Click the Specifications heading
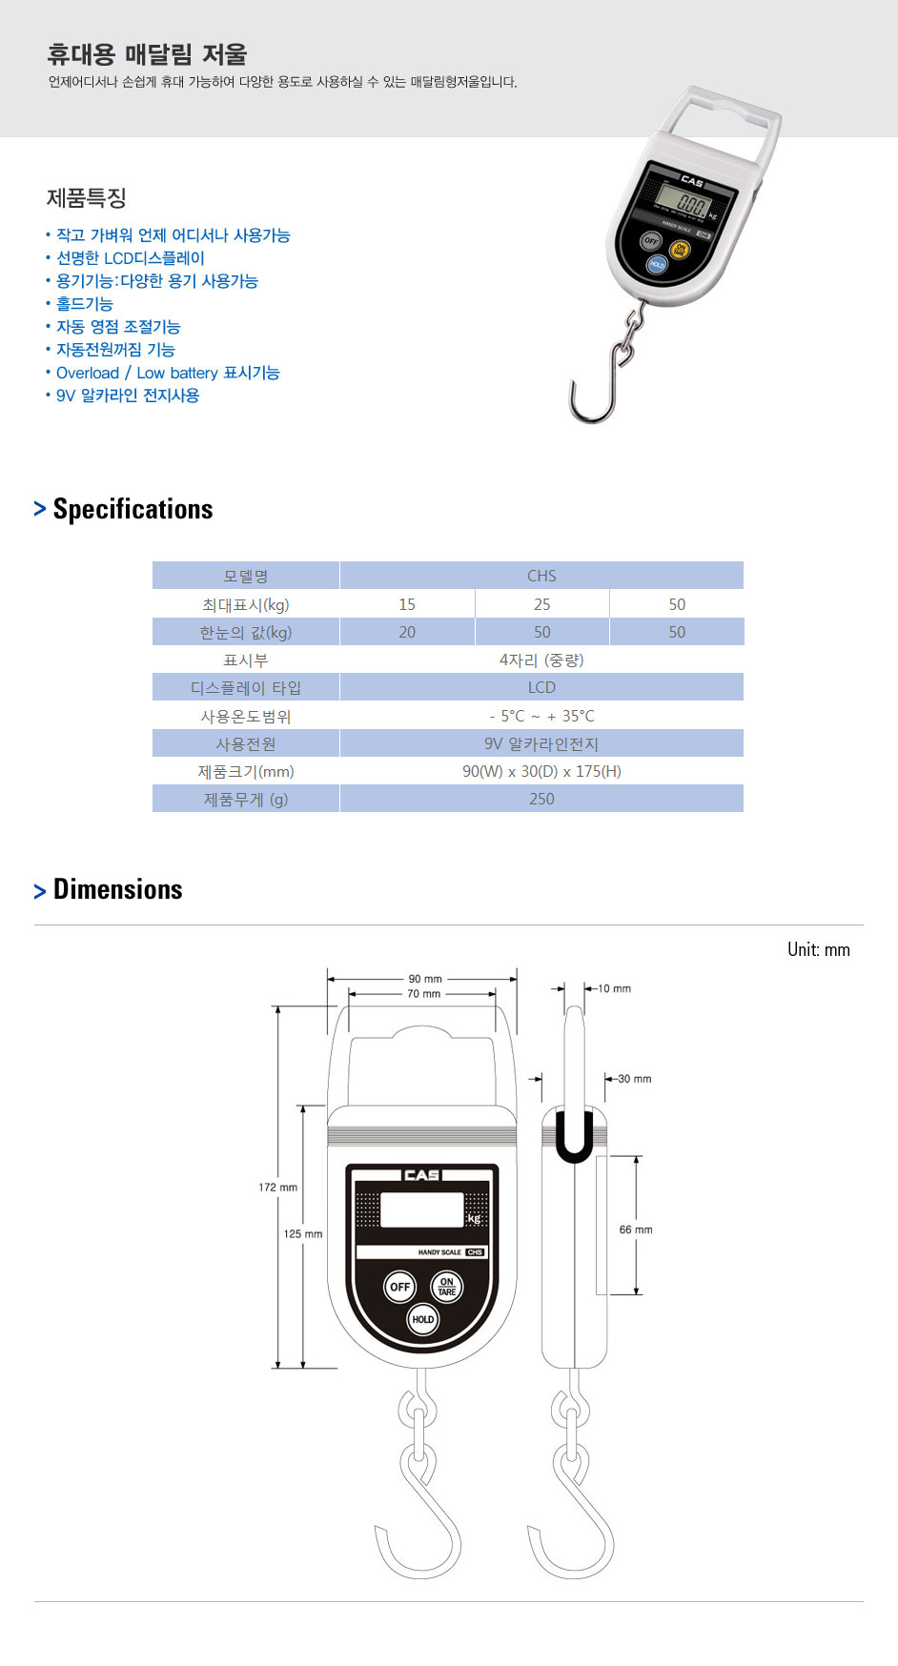pos(133,509)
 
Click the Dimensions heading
pos(117,889)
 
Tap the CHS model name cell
pos(541,576)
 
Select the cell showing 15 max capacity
pos(407,604)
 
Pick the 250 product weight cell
pos(541,799)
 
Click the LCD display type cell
pos(541,687)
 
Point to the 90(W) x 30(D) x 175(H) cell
pos(541,771)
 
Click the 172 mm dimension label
pos(277,1188)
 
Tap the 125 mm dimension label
pos(303,1234)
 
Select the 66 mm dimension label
pos(636,1229)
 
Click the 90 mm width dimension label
pos(425,979)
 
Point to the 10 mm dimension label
pos(615,988)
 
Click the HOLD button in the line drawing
pos(422,1320)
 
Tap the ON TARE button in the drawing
pos(446,1287)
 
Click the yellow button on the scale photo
pos(680,250)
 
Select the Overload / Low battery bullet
pos(167,373)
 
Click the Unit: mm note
pos(818,949)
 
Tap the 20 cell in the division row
pos(407,632)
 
